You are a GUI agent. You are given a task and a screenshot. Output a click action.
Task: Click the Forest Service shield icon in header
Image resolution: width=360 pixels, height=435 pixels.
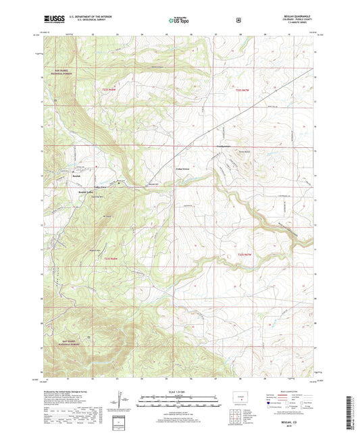237,21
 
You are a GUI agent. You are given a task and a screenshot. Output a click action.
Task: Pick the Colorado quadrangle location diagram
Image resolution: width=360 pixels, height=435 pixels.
239,396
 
